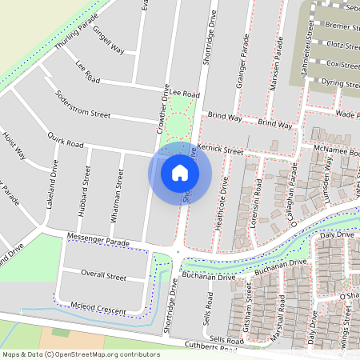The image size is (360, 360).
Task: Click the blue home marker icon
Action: [180, 172]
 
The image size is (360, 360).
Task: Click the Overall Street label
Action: [105, 277]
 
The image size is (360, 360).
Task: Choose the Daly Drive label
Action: [336, 236]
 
